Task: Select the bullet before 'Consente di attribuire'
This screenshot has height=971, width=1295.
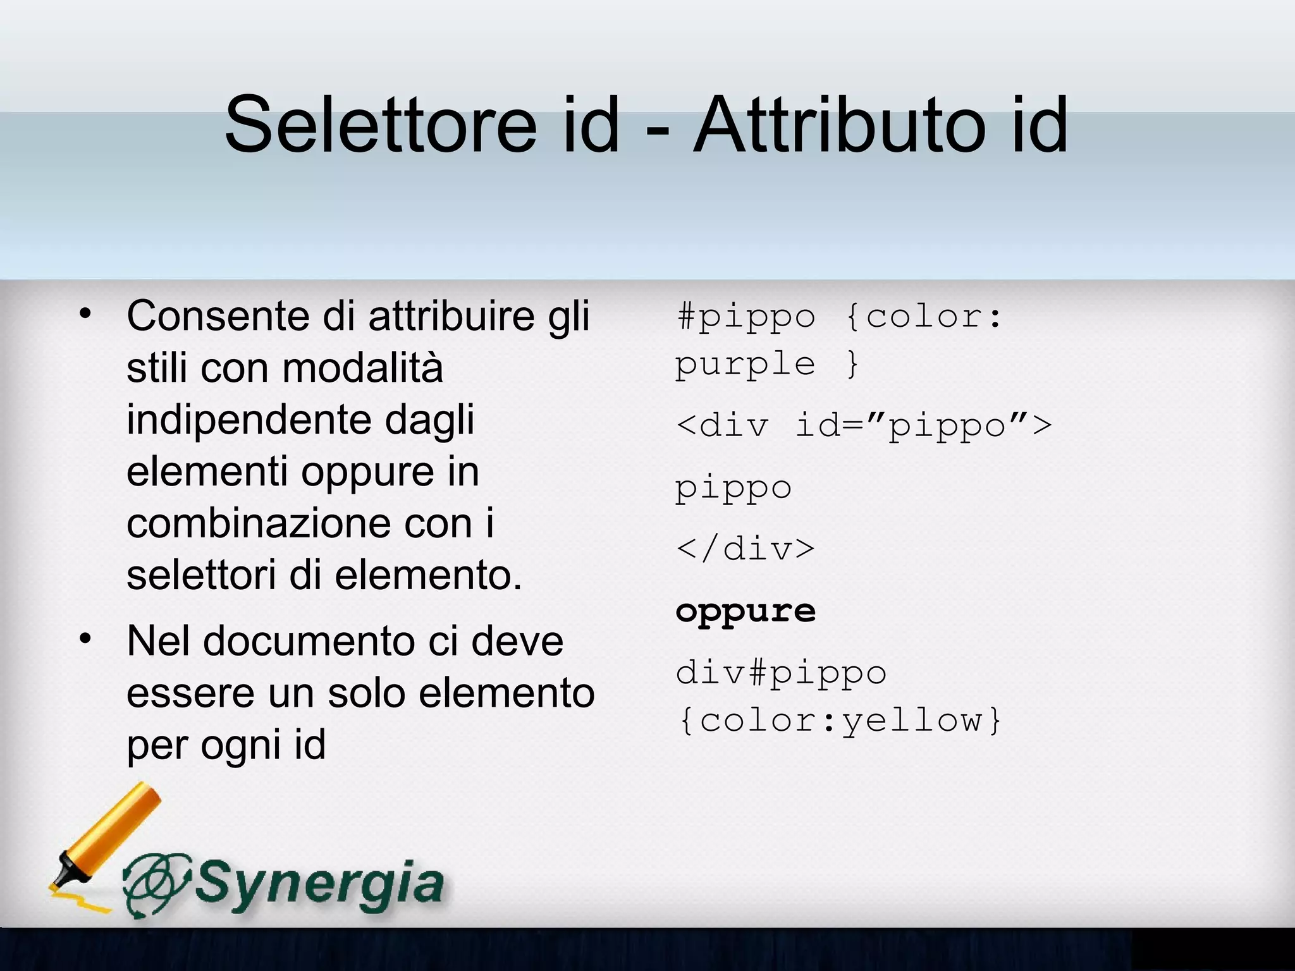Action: click(85, 314)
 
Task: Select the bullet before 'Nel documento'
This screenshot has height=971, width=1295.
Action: click(85, 639)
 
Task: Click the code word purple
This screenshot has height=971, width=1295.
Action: click(745, 365)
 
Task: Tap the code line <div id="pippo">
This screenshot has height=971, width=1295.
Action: click(863, 425)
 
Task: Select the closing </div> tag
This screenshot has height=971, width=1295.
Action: click(745, 549)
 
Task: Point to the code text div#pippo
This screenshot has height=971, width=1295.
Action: click(781, 673)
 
